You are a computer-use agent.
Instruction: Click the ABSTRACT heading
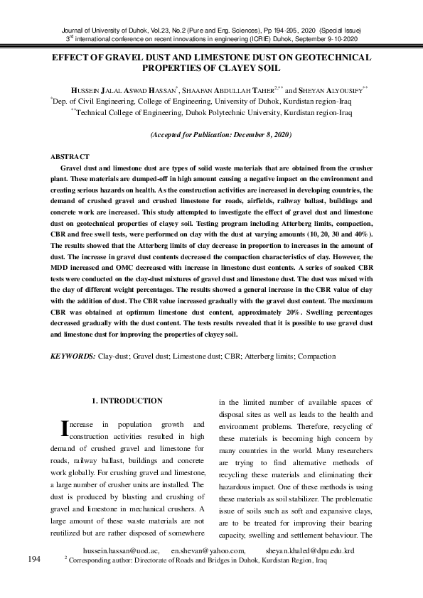[x=70, y=156]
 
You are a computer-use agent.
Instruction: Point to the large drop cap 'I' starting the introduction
[x=67, y=428]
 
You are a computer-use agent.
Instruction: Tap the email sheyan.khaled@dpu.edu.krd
[x=309, y=550]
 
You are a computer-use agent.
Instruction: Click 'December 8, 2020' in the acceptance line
[x=258, y=134]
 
